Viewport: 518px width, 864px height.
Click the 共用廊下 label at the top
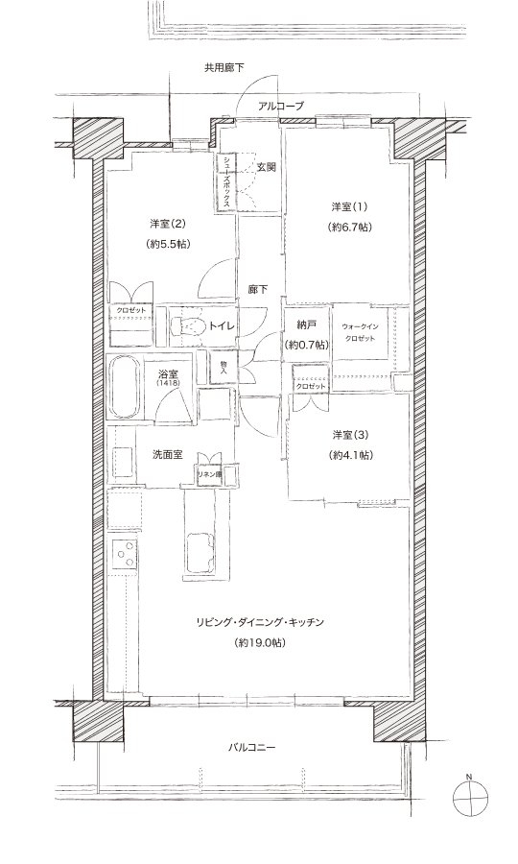point(224,68)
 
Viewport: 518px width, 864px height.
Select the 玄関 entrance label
point(266,167)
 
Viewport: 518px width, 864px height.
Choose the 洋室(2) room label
point(169,224)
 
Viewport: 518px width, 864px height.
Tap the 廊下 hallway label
point(258,288)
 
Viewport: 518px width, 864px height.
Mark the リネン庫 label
point(209,474)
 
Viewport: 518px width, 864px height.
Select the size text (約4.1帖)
point(351,454)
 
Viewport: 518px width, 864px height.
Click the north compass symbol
point(469,796)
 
